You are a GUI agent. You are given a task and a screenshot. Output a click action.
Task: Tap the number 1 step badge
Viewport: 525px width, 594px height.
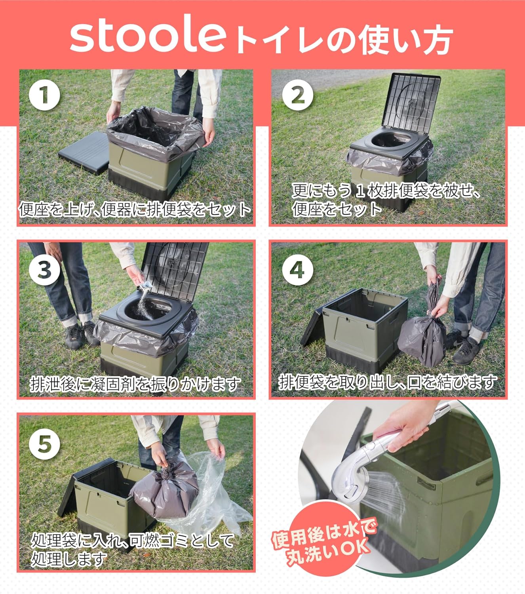point(44,95)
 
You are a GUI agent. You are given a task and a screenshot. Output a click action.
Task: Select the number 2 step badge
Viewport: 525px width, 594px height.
point(297,95)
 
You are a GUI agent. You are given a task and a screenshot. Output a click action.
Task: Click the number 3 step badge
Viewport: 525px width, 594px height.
point(44,270)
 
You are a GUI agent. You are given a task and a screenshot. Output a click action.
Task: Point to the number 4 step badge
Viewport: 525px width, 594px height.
point(297,270)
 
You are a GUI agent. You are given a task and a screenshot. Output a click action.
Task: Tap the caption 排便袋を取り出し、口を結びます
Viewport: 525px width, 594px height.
point(387,382)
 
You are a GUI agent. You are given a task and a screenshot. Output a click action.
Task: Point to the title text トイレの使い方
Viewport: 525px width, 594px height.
point(342,40)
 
